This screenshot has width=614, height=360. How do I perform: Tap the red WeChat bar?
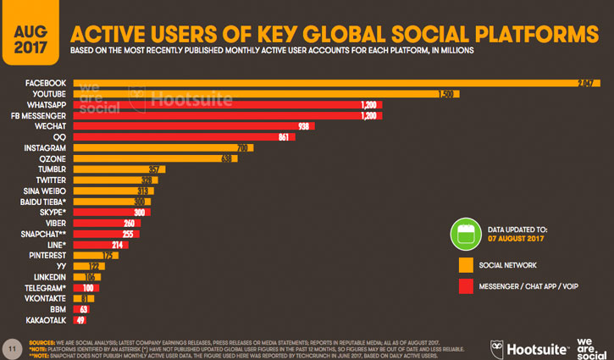tap(194, 125)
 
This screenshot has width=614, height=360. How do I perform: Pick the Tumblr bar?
tap(119, 169)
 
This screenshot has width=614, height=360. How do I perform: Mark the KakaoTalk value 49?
tap(81, 320)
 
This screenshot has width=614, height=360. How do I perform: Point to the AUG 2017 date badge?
tap(30, 32)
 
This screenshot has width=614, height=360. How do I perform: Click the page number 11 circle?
tap(11, 347)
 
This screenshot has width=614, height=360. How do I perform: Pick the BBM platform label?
tap(58, 309)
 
